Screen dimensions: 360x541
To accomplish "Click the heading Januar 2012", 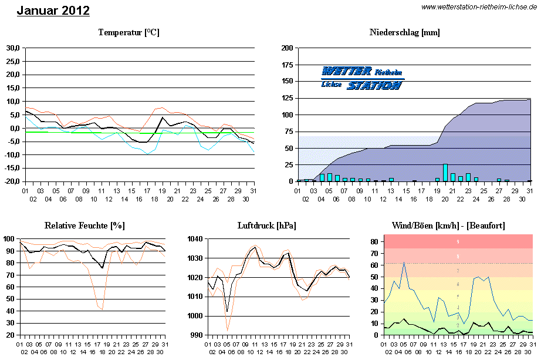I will coord(53,11).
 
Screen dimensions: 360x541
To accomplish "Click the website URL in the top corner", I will coord(479,6).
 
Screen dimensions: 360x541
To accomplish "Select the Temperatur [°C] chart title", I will coord(129,32).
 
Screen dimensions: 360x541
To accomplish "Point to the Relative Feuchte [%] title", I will coord(84,226).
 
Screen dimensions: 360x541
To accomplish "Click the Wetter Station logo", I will coord(363,78).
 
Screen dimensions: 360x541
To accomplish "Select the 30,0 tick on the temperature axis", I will coord(13,48).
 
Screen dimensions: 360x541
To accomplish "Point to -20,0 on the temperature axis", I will coord(12,181).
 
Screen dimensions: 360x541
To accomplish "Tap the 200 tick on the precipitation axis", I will coord(287,48).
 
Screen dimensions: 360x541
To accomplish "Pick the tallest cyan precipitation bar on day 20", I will coord(445,173).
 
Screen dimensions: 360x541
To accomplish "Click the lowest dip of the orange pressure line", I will coord(227,330).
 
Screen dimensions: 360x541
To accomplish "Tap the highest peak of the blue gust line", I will coord(404,263).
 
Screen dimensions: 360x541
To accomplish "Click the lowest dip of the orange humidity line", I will coord(103,309).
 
